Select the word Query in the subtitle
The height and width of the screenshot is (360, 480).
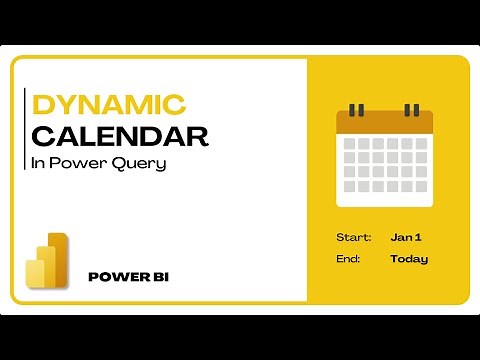coord(140,163)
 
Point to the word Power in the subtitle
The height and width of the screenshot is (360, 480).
coord(82,163)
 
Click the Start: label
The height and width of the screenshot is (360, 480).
coord(354,237)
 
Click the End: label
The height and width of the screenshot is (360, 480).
coord(350,258)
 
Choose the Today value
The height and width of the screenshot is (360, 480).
coord(409,258)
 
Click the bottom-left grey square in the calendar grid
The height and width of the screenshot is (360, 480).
coord(350,193)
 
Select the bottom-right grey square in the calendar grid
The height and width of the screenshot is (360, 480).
coord(420,193)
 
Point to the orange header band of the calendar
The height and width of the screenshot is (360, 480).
coord(385,122)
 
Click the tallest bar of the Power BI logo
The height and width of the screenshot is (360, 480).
coord(59,259)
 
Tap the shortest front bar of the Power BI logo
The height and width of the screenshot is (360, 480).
coord(36,277)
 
